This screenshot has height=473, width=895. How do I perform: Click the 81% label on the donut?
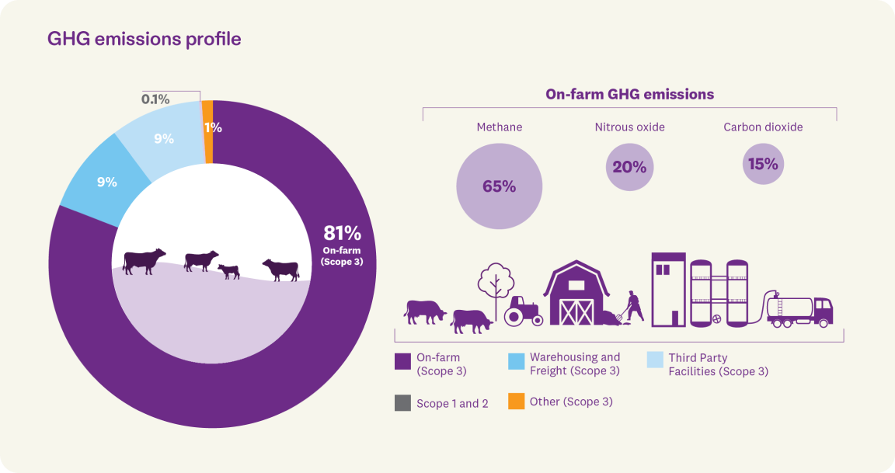[x=342, y=233]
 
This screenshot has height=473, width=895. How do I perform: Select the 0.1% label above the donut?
[x=155, y=99]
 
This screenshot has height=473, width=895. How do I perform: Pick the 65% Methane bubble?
[x=498, y=186]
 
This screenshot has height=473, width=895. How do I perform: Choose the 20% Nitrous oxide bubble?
[x=629, y=166]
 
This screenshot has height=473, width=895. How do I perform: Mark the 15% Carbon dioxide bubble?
[x=763, y=164]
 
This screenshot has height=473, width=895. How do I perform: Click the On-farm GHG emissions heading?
[x=629, y=95]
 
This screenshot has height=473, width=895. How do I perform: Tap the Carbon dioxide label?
[x=763, y=127]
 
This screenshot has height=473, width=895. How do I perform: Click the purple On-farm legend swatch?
[x=402, y=362]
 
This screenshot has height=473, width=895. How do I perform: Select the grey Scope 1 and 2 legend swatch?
[x=402, y=403]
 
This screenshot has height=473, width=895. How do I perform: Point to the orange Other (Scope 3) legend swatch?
[x=516, y=402]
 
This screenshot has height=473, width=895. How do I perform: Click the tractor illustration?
[x=523, y=311]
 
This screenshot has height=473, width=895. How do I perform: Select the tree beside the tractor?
[x=496, y=286]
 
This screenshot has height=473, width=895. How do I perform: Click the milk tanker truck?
[x=800, y=310]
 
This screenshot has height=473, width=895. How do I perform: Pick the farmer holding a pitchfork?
[x=633, y=306]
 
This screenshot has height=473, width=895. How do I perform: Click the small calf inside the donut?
[x=228, y=271]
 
